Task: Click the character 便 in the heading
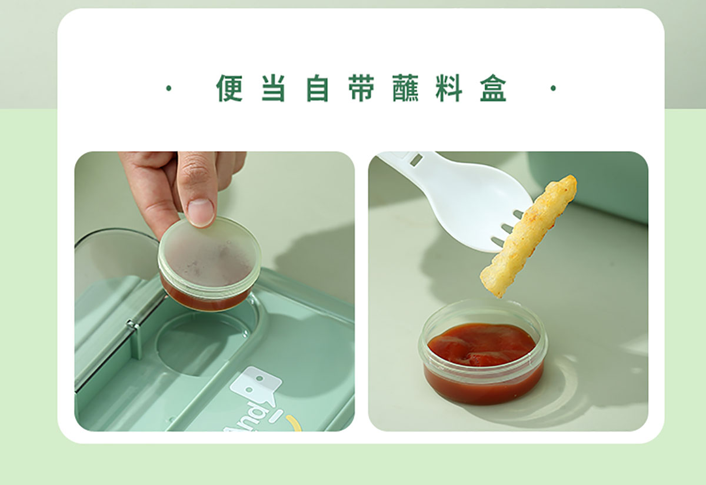click(x=229, y=88)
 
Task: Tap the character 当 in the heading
click(x=273, y=88)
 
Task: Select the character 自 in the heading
click(x=317, y=88)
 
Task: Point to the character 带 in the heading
click(x=361, y=88)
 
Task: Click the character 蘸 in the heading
click(x=405, y=88)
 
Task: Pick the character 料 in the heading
click(x=449, y=88)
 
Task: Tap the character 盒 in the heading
click(x=493, y=88)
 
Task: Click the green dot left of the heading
click(x=169, y=88)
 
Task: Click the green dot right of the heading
click(x=553, y=88)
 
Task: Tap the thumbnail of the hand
click(x=201, y=212)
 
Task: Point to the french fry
click(x=529, y=236)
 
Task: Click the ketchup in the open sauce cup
click(x=482, y=344)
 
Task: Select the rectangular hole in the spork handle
click(x=417, y=160)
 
